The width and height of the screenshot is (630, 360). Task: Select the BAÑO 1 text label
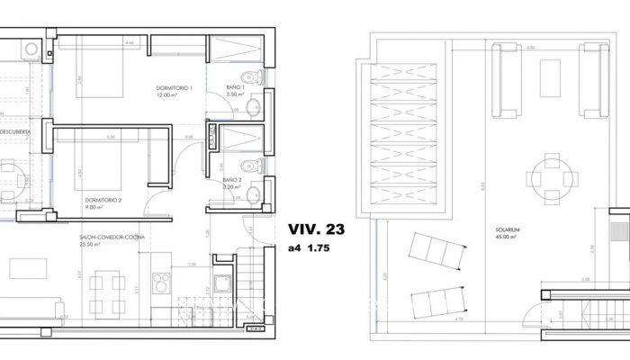pyautogui.click(x=235, y=88)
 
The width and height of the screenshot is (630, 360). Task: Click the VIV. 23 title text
pyautogui.click(x=316, y=229)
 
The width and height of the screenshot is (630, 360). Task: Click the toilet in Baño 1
pyautogui.click(x=256, y=79)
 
